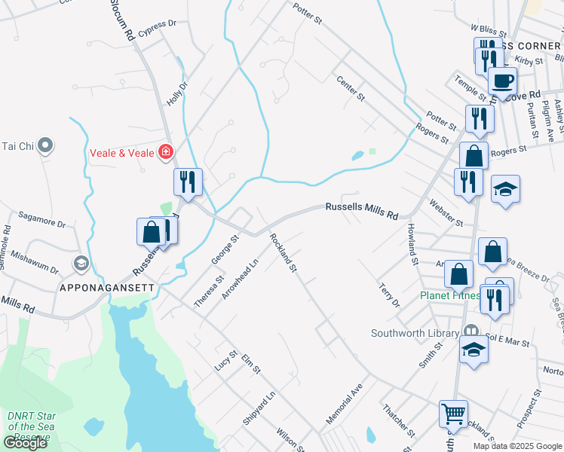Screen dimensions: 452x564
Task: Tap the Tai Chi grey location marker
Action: [x=45, y=145]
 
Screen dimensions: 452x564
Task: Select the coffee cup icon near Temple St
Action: [x=502, y=81]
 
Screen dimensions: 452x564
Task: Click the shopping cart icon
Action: [x=453, y=414]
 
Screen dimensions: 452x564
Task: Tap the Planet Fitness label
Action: [x=449, y=295]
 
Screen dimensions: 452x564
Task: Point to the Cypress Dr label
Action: [x=157, y=23]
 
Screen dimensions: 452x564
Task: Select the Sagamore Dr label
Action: [x=42, y=218]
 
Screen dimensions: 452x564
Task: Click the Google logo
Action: [x=26, y=443]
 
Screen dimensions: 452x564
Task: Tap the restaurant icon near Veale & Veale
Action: [x=187, y=182]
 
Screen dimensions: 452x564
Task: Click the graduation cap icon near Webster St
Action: [x=505, y=190]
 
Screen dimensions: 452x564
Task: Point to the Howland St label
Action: [x=412, y=243]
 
